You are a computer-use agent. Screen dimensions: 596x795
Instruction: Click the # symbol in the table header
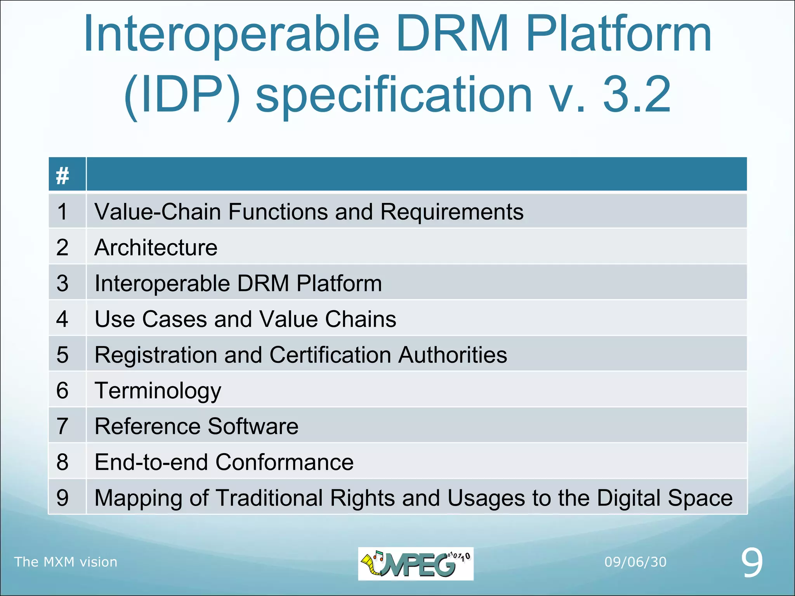pyautogui.click(x=62, y=175)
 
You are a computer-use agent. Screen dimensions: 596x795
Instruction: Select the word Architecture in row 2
pyautogui.click(x=156, y=248)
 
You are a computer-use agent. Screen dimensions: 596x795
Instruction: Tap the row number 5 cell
pyautogui.click(x=62, y=355)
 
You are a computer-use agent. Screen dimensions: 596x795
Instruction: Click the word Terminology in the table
pyautogui.click(x=158, y=391)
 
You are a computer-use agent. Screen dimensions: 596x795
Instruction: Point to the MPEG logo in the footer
pyautogui.click(x=415, y=563)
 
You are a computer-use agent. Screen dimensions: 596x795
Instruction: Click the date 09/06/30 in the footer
pyautogui.click(x=635, y=562)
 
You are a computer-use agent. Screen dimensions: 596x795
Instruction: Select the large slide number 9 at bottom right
pyautogui.click(x=752, y=563)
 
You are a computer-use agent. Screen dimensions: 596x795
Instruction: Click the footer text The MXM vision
pyautogui.click(x=66, y=562)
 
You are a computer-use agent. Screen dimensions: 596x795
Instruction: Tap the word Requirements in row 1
pyautogui.click(x=451, y=212)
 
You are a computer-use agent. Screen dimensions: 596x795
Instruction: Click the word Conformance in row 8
pyautogui.click(x=284, y=462)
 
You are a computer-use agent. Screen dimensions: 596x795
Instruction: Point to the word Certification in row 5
pyautogui.click(x=330, y=355)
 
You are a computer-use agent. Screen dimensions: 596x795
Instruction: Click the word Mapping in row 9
pyautogui.click(x=138, y=498)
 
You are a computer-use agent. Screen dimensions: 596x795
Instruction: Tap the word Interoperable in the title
pyautogui.click(x=231, y=34)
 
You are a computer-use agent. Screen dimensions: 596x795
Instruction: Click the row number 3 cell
pyautogui.click(x=62, y=283)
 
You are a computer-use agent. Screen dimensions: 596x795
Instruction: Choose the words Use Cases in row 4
pyautogui.click(x=151, y=319)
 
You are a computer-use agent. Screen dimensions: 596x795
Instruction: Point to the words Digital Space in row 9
pyautogui.click(x=664, y=498)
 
